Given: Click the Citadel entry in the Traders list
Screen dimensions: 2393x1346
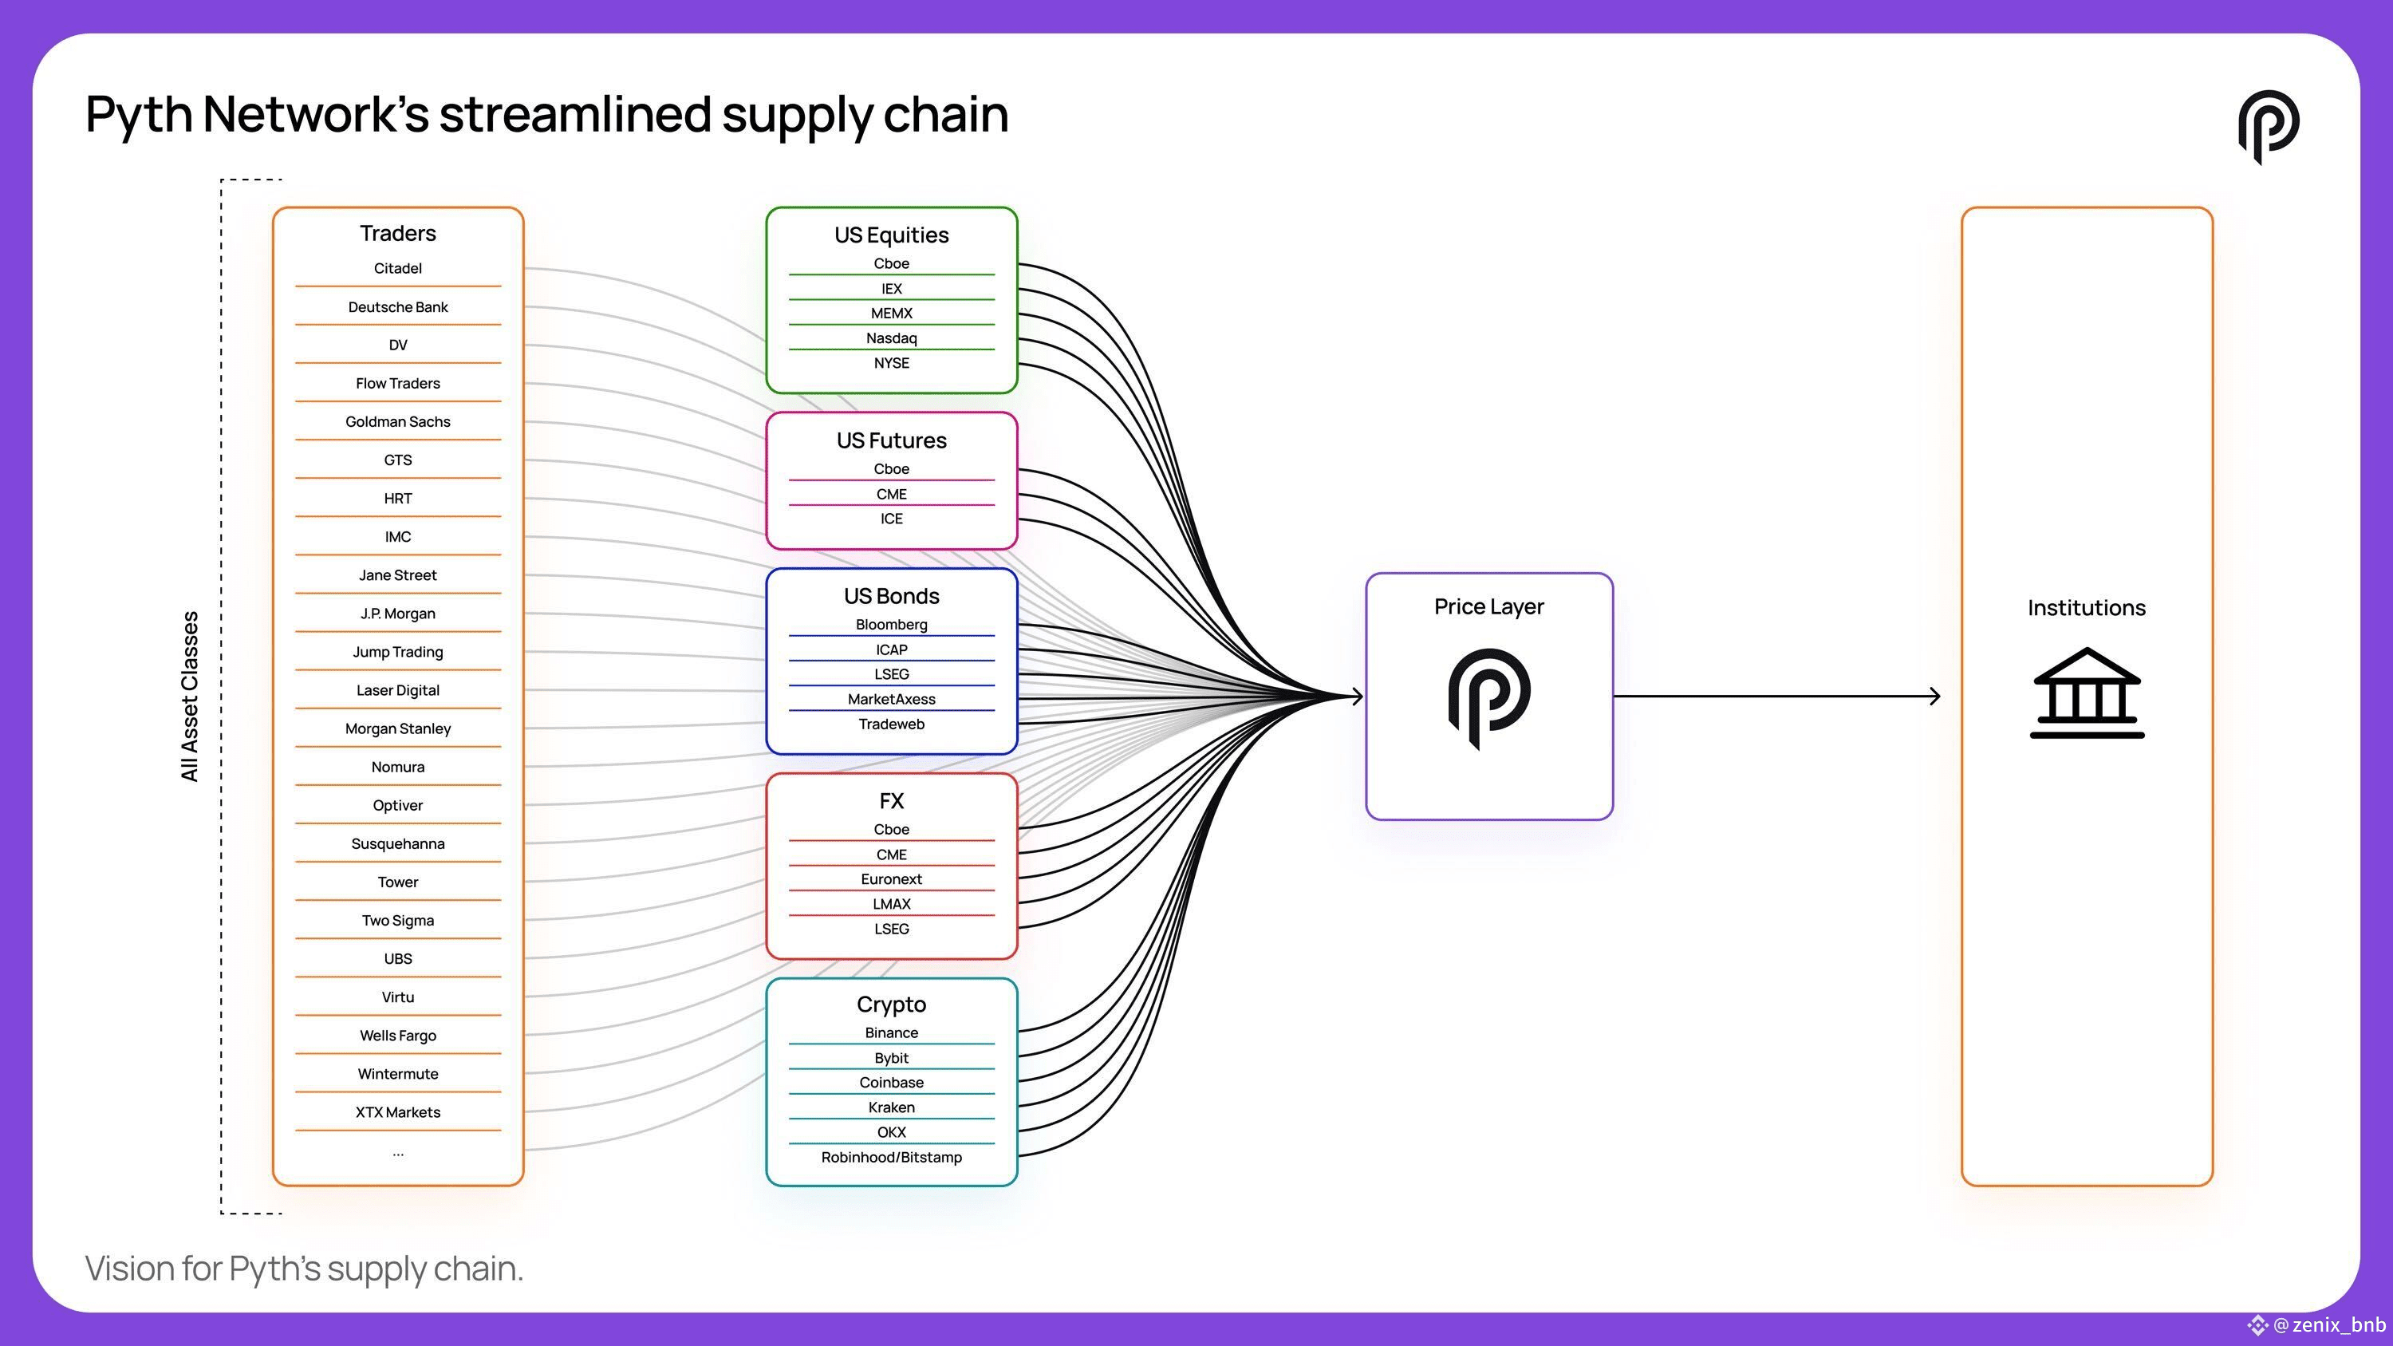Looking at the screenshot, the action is [397, 268].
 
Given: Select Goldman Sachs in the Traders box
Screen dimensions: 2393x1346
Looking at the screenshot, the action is [397, 422].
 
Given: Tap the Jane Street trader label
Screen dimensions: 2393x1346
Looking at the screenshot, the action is [397, 575].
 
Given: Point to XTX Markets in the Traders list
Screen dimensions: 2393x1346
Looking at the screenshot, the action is [397, 1112].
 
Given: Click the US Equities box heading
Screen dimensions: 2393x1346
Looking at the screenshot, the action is [892, 235].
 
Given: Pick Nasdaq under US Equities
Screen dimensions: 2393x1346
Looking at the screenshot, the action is [892, 338].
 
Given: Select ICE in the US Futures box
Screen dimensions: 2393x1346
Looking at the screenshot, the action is [892, 519].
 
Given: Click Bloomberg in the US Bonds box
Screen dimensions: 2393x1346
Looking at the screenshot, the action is [892, 624].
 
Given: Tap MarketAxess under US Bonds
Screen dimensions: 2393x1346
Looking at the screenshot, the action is [892, 699].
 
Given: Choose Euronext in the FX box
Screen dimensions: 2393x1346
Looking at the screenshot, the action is [892, 878].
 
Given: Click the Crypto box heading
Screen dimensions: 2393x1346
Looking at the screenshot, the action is [892, 1005].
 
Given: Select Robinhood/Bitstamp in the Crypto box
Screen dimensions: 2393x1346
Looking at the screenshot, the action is [892, 1158].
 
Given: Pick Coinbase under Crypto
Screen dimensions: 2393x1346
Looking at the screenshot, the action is [892, 1082].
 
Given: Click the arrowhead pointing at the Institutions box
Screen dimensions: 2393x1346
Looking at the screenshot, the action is [1935, 696].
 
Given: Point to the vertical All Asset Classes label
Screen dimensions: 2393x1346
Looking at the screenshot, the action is [190, 697].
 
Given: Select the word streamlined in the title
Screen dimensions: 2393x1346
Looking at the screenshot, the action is [575, 114].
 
